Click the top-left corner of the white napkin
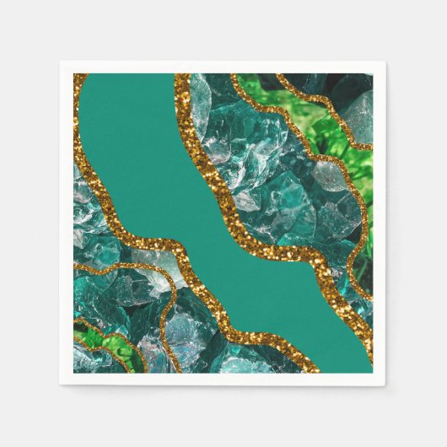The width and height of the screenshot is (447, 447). pyautogui.click(x=61, y=62)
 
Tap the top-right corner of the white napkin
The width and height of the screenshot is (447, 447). pyautogui.click(x=385, y=62)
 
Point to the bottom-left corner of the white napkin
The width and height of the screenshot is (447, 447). pyautogui.click(x=61, y=385)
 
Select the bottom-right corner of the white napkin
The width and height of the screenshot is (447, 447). pyautogui.click(x=385, y=385)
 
